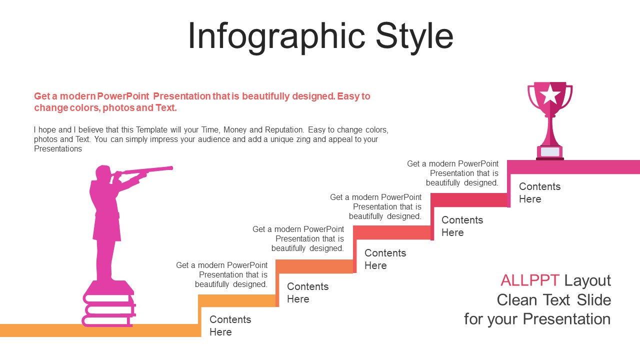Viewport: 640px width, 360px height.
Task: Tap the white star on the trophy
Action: coord(550,94)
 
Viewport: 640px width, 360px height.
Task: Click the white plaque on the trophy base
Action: coord(550,151)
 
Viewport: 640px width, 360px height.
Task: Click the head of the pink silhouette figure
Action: coord(103,173)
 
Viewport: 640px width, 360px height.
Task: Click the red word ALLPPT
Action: coord(529,280)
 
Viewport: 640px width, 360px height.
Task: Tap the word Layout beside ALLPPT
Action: coord(587,281)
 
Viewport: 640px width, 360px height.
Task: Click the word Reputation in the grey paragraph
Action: coord(284,129)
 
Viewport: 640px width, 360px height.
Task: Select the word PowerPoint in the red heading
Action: coord(123,96)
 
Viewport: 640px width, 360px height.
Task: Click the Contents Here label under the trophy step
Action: coord(539,192)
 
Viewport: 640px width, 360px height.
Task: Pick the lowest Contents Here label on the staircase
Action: coord(230,325)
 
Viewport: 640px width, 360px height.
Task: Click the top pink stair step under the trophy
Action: coord(573,167)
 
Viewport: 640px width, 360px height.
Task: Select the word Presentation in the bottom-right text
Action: coord(566,319)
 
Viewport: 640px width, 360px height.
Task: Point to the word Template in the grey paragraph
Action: coord(151,130)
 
